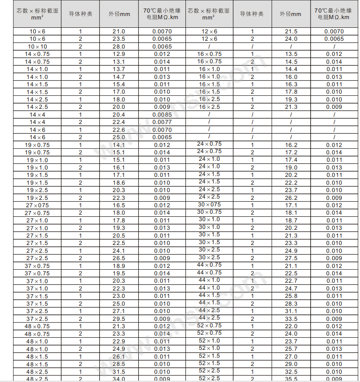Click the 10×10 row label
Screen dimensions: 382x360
(x=37, y=46)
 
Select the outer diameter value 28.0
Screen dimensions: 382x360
(x=119, y=46)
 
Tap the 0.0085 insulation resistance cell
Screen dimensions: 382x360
(x=162, y=114)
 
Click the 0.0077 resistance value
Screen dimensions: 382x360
(x=162, y=122)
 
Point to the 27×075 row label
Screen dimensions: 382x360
(x=37, y=205)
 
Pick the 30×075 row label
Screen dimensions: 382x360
(x=209, y=205)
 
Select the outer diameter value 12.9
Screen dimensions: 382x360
(x=119, y=54)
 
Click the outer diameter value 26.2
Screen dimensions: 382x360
(x=291, y=198)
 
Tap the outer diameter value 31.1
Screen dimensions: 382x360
(x=291, y=311)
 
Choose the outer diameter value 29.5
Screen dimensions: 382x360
(x=119, y=319)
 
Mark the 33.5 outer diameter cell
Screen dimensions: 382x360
(x=291, y=319)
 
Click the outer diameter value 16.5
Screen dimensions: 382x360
(x=119, y=205)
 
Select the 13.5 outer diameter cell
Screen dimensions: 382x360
(x=291, y=54)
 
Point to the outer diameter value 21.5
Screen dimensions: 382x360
(x=291, y=32)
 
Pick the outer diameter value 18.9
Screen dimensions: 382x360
(x=119, y=266)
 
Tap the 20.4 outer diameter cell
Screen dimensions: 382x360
(x=119, y=114)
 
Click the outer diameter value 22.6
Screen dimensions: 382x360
(x=119, y=130)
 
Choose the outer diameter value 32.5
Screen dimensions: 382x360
(x=291, y=372)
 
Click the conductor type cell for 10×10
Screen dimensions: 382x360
(x=80, y=46)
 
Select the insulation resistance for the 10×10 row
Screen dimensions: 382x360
(x=162, y=46)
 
